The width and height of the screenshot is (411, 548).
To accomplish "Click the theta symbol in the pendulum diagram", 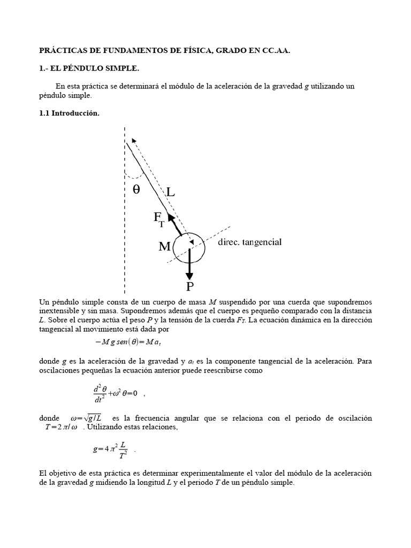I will tap(136, 189).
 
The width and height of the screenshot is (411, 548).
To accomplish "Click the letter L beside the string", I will tap(170, 192).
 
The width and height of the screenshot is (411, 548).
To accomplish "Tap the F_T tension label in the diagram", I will tap(159, 218).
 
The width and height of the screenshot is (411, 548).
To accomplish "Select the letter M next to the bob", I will tap(165, 247).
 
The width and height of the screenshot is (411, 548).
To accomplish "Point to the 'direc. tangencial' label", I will tap(249, 242).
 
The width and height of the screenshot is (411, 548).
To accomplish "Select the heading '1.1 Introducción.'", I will tap(70, 113).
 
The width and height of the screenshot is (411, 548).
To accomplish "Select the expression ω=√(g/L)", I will tap(87, 417).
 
